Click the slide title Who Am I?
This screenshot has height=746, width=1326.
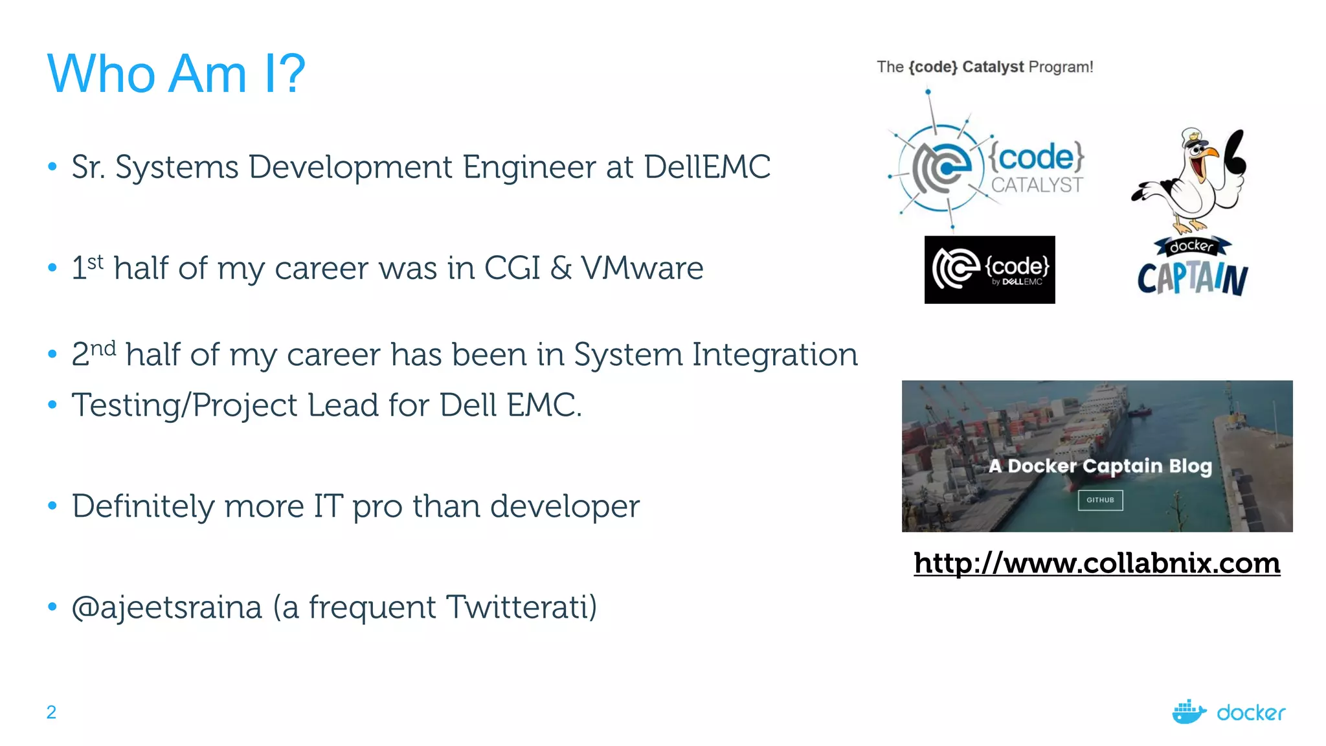pos(176,74)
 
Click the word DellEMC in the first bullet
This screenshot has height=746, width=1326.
pos(707,167)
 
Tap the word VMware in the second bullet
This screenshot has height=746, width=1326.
pos(642,268)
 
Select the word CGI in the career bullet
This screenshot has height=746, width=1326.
pos(511,268)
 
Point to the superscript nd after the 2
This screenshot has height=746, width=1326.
pos(103,348)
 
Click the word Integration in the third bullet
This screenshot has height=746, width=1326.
pos(774,355)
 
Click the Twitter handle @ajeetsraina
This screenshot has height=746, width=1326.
pos(167,607)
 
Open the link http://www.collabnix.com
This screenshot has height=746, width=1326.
pos(1097,563)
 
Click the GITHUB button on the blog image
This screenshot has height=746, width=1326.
pos(1100,500)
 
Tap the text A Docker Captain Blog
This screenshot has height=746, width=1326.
pos(1100,466)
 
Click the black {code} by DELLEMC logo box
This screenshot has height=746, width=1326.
pos(989,270)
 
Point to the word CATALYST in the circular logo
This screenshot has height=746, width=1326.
pos(1036,185)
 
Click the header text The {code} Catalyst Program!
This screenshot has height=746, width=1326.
pos(984,67)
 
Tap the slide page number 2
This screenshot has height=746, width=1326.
pos(51,712)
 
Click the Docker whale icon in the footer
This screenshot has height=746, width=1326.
pos(1188,712)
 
